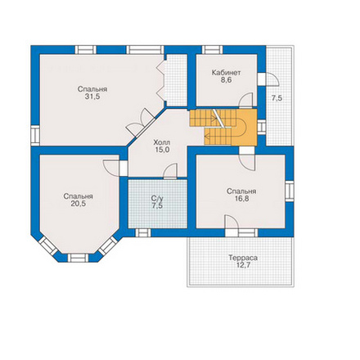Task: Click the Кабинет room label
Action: [x=227, y=73]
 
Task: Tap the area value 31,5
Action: [x=92, y=97]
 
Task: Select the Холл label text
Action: [x=162, y=142]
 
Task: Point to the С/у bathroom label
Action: [x=157, y=199]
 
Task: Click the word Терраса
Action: [x=243, y=258]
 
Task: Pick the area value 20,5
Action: [x=79, y=204]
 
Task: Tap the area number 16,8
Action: [x=241, y=198]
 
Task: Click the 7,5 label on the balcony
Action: [x=277, y=98]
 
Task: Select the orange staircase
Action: [x=223, y=127]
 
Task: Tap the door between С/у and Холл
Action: [x=170, y=171]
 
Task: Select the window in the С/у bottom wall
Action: [x=143, y=232]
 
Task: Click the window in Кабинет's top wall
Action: [x=212, y=50]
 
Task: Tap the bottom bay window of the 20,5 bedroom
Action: [x=78, y=258]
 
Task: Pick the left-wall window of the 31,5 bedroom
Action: [x=35, y=135]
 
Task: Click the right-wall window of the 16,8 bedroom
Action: [x=290, y=191]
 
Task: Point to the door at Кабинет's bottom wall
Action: [x=246, y=101]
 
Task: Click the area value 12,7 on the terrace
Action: [x=243, y=265]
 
